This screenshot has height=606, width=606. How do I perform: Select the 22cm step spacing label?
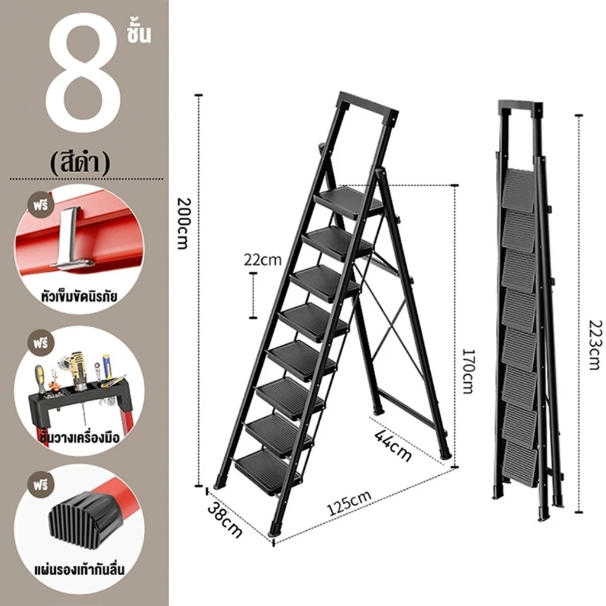262,260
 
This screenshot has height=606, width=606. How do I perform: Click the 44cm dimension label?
393,445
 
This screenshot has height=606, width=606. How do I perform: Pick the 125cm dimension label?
349,503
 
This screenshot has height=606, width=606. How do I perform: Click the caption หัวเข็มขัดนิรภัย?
79,297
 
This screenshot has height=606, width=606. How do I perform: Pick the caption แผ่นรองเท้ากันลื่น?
79,569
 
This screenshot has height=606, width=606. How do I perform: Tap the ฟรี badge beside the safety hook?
41,204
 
